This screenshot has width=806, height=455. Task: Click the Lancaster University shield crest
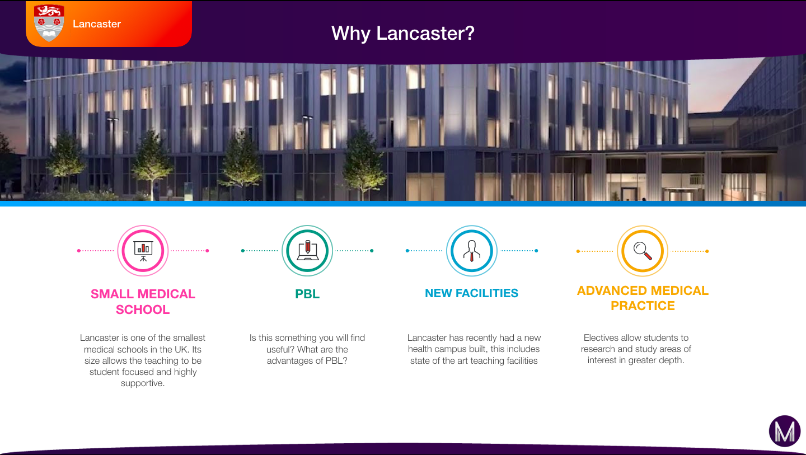point(49,23)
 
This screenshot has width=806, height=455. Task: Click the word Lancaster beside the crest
point(97,24)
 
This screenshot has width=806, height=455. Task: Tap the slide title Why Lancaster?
point(403,34)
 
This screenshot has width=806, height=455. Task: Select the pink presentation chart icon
point(143,251)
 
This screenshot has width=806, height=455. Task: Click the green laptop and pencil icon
point(307,251)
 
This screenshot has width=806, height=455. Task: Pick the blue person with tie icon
point(472,251)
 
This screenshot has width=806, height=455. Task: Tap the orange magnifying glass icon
point(643,251)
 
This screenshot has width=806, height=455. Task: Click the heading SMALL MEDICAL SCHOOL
point(143,302)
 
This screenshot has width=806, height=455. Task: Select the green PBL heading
point(307,294)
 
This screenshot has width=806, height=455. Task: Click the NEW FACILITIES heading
point(472,293)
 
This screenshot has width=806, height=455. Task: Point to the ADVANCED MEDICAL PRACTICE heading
point(643,298)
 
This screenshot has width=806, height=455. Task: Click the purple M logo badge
point(785,431)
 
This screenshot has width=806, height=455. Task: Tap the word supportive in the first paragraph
point(143,383)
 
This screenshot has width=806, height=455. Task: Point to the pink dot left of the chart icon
point(79,251)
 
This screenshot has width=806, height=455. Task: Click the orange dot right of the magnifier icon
point(707,251)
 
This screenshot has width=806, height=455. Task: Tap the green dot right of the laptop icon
point(372,251)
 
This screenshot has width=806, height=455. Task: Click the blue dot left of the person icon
point(407,251)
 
